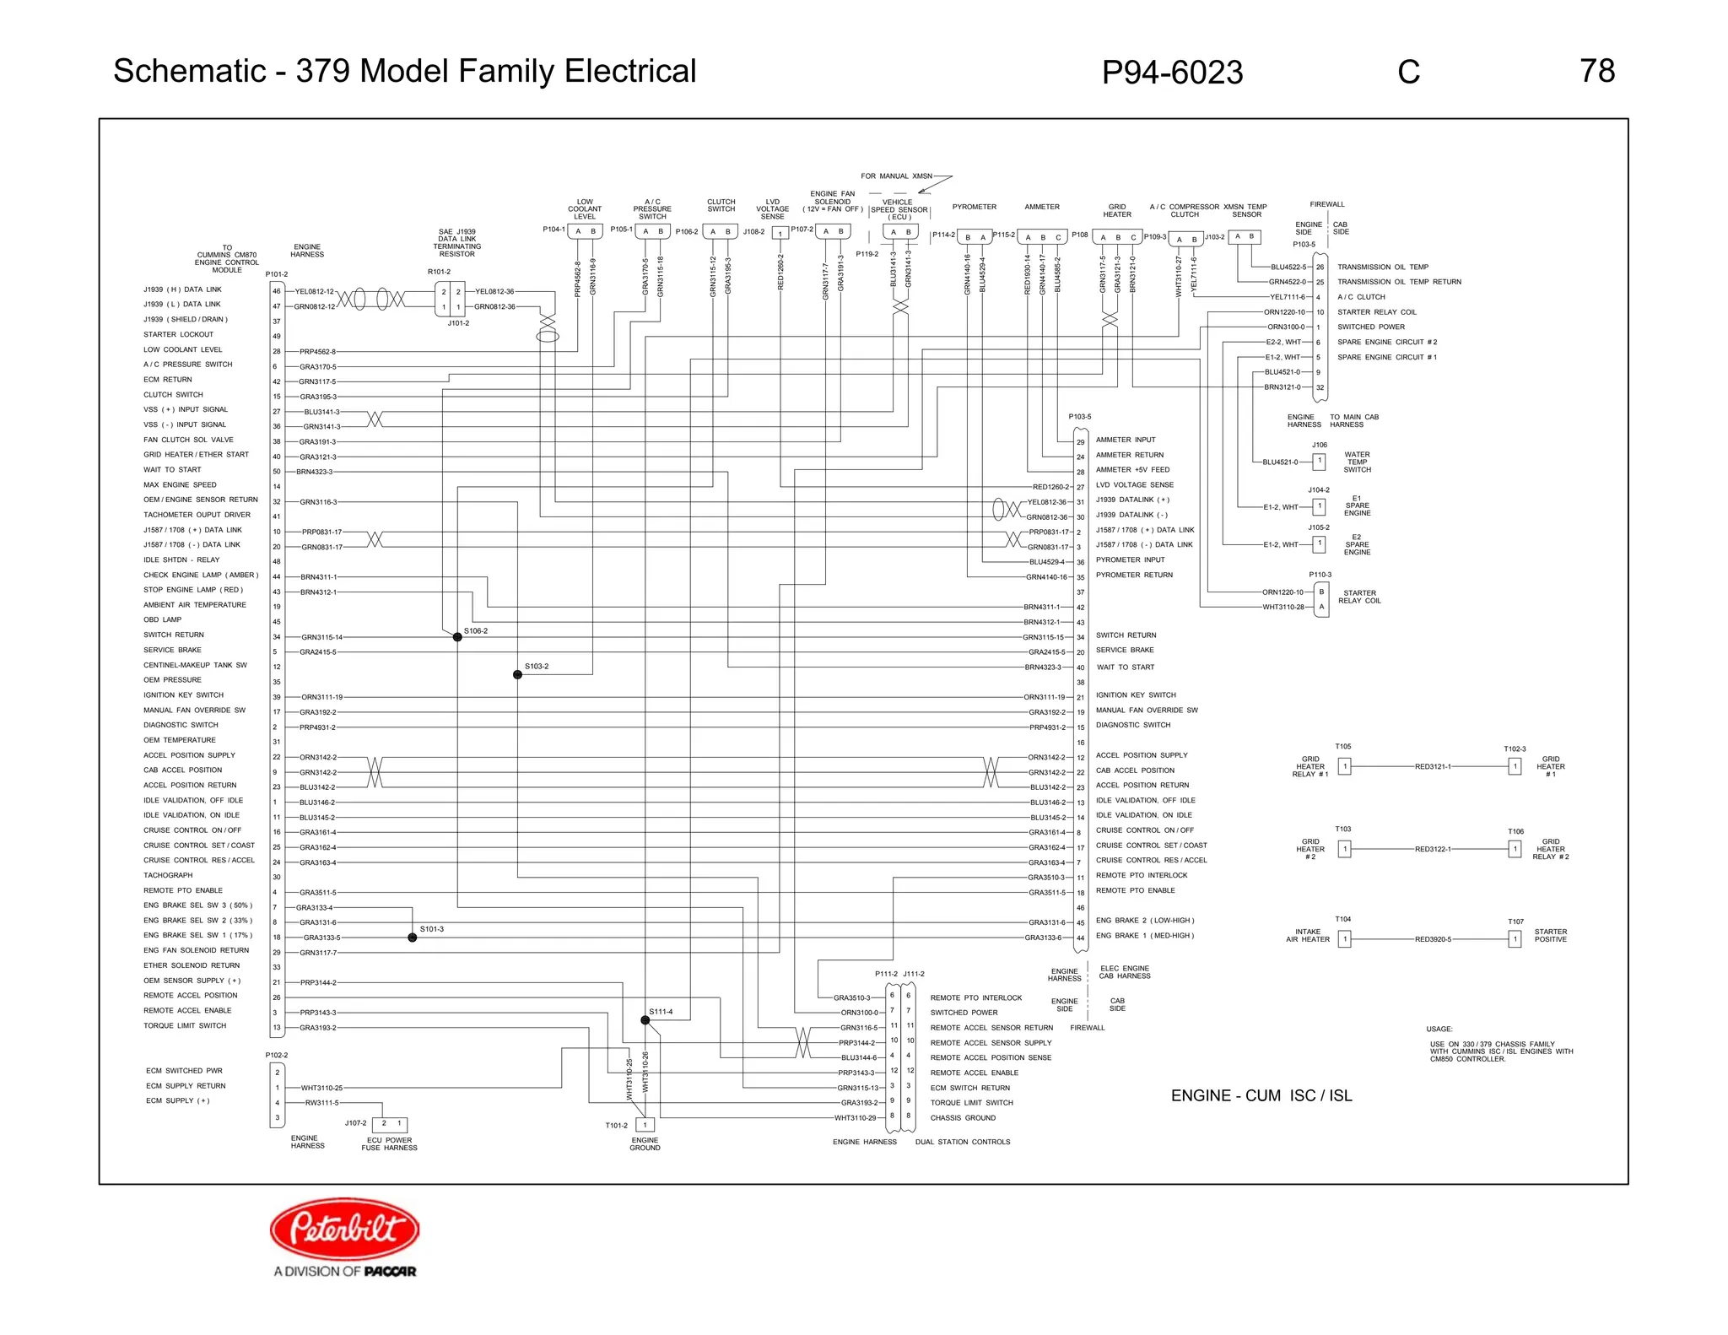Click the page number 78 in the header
click(1596, 71)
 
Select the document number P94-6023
click(1171, 73)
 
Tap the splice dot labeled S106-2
click(457, 637)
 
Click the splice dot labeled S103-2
click(517, 674)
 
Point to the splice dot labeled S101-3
click(413, 938)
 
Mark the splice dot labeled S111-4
click(645, 1020)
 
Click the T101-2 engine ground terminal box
click(645, 1125)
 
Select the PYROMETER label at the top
click(974, 207)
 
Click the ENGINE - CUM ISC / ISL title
click(1261, 1095)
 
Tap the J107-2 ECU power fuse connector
click(391, 1124)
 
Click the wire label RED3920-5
click(1433, 939)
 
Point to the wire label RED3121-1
click(1433, 767)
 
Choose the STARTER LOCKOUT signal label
click(178, 334)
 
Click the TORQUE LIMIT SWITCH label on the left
click(185, 1025)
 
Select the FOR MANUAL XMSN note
click(896, 176)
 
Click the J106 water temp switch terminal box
click(1320, 462)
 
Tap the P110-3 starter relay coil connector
click(1321, 599)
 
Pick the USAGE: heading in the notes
click(1439, 1029)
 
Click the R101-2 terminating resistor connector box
click(451, 300)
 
